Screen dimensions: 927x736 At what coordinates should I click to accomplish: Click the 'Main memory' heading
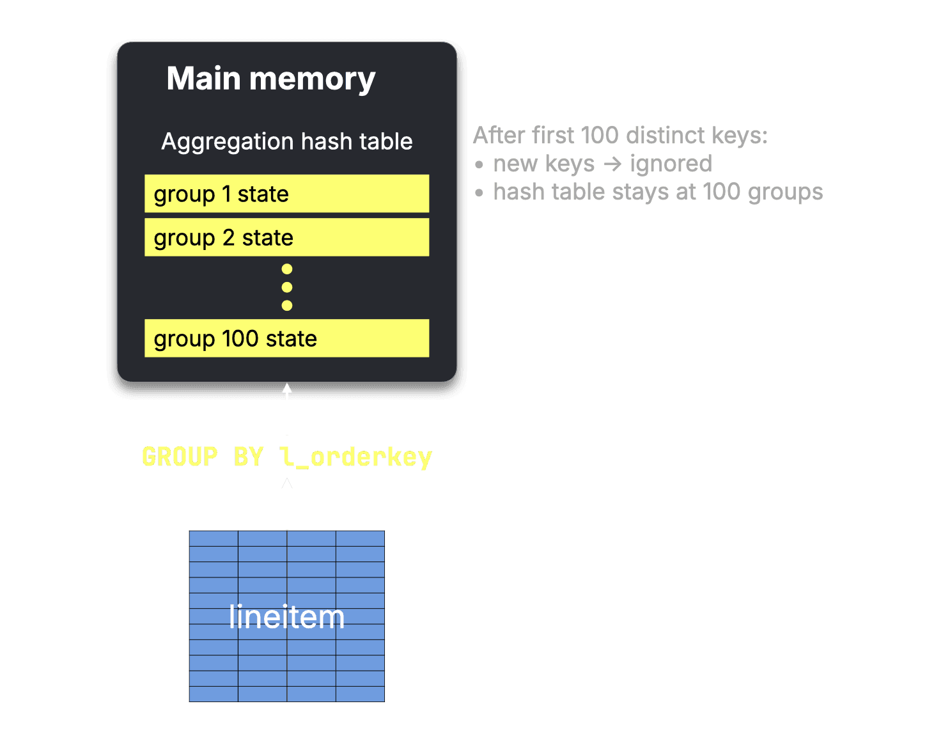click(x=271, y=79)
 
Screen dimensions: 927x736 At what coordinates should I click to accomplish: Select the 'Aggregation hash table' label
click(x=287, y=142)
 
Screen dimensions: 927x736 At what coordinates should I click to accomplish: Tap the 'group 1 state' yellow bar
click(x=287, y=194)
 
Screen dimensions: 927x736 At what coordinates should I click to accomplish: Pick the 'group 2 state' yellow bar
click(x=287, y=237)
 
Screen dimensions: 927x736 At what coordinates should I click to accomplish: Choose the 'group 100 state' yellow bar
click(x=287, y=338)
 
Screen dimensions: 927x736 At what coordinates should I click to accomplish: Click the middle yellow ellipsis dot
click(x=287, y=287)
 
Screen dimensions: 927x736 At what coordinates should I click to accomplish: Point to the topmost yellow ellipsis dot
click(x=287, y=269)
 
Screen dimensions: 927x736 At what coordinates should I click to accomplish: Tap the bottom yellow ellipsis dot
click(x=287, y=306)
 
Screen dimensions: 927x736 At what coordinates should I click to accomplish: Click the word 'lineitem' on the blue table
click(x=287, y=616)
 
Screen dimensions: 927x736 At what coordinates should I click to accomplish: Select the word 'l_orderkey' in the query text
click(x=356, y=457)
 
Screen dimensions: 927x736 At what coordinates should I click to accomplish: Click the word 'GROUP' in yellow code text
click(x=180, y=457)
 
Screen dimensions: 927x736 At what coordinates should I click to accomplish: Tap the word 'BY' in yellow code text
click(x=249, y=457)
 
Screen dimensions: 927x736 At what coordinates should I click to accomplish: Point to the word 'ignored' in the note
click(x=671, y=164)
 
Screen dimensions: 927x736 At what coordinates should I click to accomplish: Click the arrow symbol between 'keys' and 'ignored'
click(x=612, y=164)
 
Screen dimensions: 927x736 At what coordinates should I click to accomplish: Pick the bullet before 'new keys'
click(x=479, y=164)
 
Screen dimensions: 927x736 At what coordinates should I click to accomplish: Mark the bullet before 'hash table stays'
click(x=479, y=192)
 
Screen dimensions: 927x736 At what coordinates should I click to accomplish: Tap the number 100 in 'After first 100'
click(x=600, y=136)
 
